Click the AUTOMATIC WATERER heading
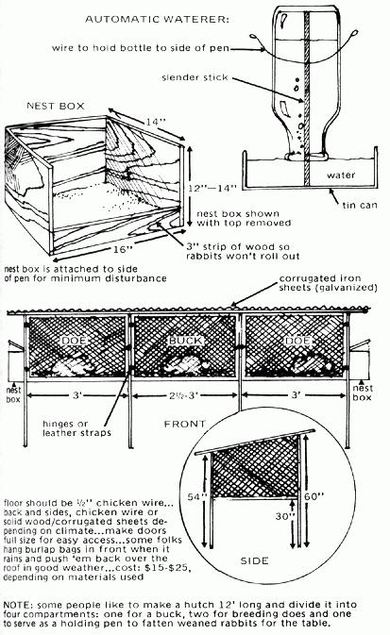pos(157,19)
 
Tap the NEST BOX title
pos(56,106)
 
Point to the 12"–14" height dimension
pos(212,188)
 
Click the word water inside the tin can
pos(341,175)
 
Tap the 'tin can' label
pos(360,206)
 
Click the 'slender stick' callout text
pos(195,77)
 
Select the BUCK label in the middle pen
pos(185,341)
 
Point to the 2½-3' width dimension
pos(183,395)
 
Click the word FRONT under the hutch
pos(185,424)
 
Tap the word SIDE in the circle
pos(254,560)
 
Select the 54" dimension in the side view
pos(197,496)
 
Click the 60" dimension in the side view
pos(314,496)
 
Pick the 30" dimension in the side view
pos(284,517)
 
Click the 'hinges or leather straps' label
pos(76,428)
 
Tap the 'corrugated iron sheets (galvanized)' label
pos(329,283)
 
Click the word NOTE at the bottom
pos(18,605)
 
